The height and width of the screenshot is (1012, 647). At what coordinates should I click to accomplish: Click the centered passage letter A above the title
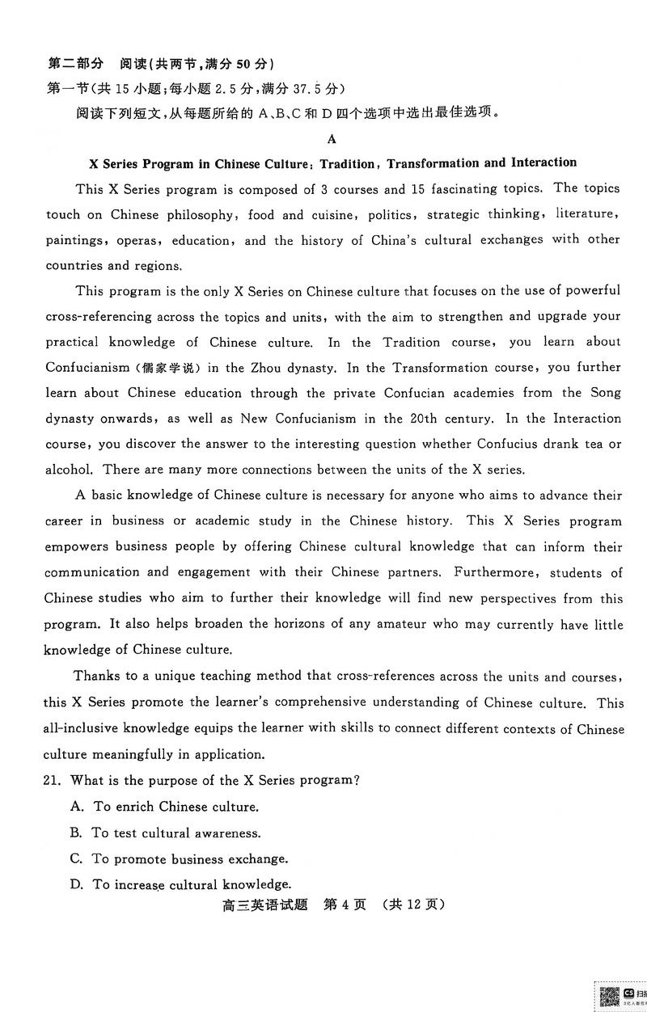pyautogui.click(x=332, y=138)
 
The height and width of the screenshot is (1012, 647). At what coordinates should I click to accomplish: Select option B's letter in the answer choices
pyautogui.click(x=76, y=833)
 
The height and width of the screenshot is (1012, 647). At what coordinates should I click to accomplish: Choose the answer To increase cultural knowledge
pyautogui.click(x=192, y=883)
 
